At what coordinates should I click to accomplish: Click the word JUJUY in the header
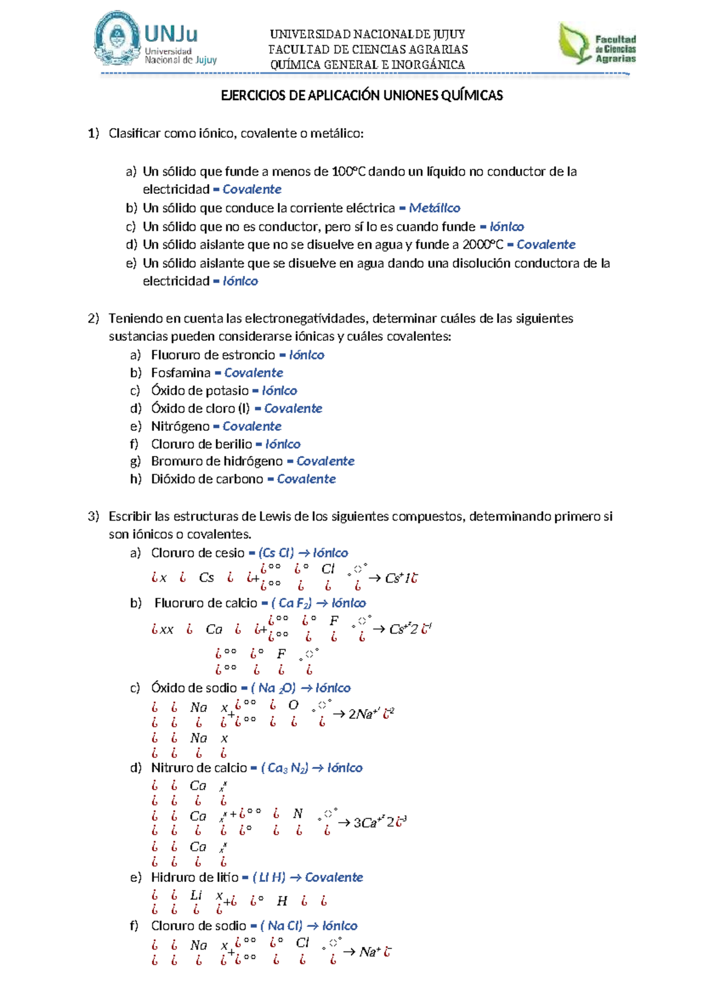(449, 34)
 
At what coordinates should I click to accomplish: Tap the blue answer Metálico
(434, 208)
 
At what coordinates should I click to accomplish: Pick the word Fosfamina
(180, 373)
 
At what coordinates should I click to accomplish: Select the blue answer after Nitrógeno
(252, 426)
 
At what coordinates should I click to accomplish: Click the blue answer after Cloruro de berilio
(283, 444)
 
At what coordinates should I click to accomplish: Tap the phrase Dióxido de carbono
(207, 479)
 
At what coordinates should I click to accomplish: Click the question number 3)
(94, 516)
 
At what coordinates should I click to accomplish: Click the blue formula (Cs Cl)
(276, 553)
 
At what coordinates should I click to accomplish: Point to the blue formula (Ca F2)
(291, 603)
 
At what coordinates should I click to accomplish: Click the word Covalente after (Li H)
(334, 877)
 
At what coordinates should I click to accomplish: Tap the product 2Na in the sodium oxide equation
(360, 714)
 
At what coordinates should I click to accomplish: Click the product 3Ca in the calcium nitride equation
(364, 823)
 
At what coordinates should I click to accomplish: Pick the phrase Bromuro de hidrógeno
(217, 461)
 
